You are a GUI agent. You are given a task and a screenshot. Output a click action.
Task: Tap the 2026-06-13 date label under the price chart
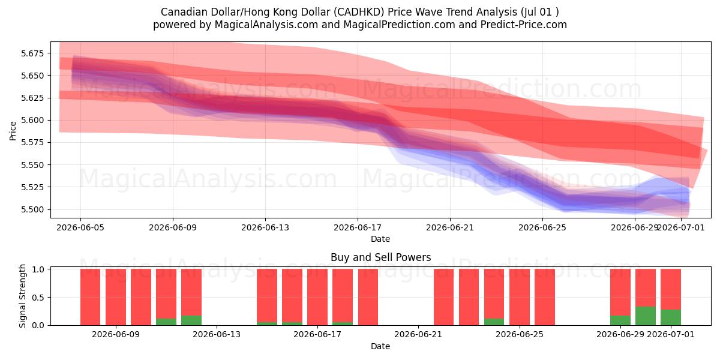pos(265,227)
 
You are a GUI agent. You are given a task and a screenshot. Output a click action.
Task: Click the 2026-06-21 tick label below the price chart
pos(450,227)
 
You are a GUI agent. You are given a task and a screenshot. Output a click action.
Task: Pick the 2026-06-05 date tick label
pos(80,227)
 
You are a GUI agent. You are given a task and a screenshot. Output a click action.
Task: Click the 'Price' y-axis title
pos(13,131)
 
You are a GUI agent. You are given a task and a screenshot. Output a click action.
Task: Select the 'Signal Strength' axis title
pos(22,296)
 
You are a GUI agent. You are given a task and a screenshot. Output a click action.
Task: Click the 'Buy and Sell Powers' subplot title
pos(380,257)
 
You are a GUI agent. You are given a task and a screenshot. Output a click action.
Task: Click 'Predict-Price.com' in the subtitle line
pos(523,25)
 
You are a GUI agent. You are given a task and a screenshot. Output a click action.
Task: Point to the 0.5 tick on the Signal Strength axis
pos(38,298)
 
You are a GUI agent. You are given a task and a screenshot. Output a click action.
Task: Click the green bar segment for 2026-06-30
pos(646,316)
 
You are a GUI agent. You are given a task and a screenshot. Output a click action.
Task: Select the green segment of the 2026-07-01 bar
pos(671,317)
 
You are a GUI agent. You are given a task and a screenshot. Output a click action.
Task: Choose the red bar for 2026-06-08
pos(91,297)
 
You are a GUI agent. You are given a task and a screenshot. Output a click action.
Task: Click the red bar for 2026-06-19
pos(368,297)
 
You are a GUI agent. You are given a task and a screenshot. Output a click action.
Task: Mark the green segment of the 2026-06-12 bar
pos(191,320)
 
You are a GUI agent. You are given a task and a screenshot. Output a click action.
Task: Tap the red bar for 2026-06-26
pos(545,297)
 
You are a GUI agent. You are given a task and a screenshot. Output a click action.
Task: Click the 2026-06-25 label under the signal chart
pos(520,335)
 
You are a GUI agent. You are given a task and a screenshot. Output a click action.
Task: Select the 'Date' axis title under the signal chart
pos(380,347)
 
